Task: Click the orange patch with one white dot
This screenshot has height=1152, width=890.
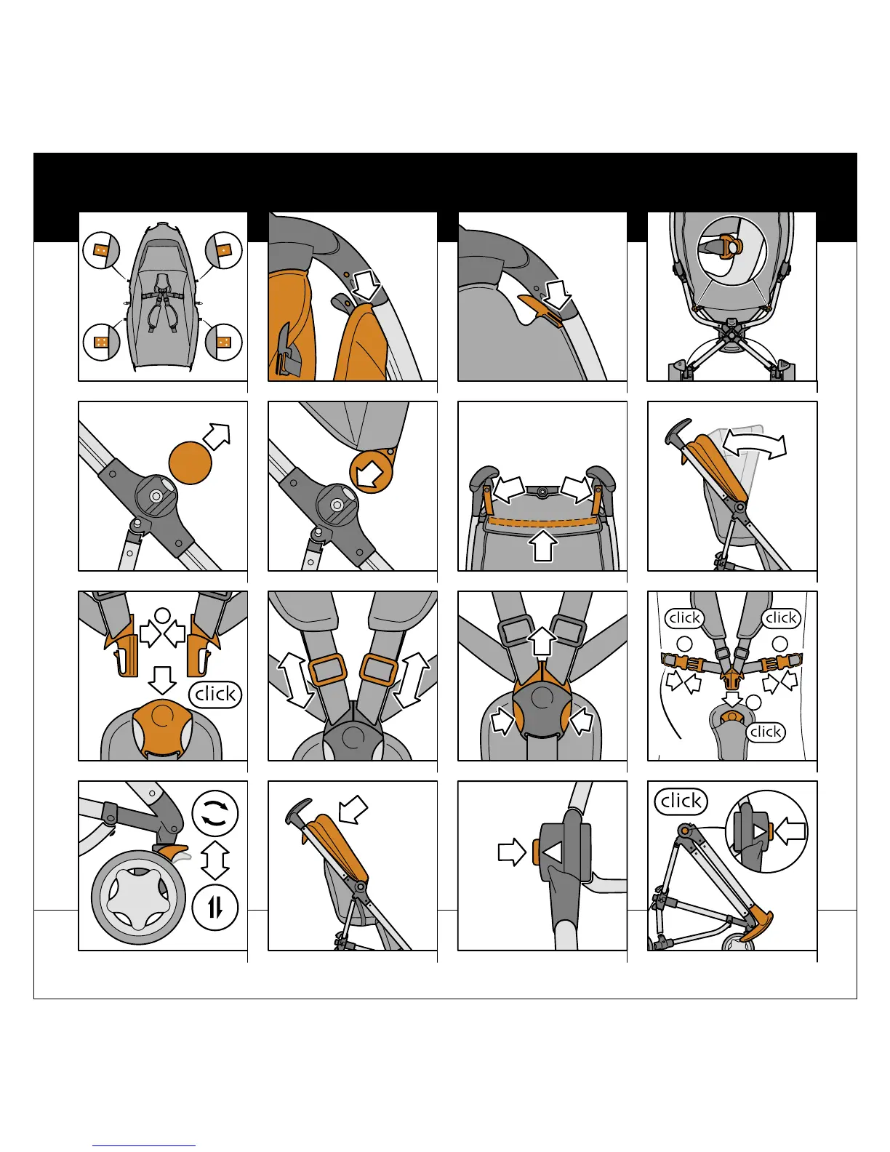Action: pyautogui.click(x=224, y=250)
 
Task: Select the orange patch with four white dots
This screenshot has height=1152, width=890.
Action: pyautogui.click(x=101, y=342)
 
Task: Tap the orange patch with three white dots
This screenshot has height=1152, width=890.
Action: pyautogui.click(x=224, y=342)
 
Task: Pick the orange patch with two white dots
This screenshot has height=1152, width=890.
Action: pyautogui.click(x=101, y=250)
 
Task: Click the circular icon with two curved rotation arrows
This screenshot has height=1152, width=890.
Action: pyautogui.click(x=215, y=813)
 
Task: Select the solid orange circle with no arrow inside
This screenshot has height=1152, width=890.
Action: pyautogui.click(x=190, y=462)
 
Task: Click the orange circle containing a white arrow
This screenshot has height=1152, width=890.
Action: pyautogui.click(x=371, y=473)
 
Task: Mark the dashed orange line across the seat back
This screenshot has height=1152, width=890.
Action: pyautogui.click(x=542, y=522)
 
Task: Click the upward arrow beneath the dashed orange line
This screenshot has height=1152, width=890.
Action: pyautogui.click(x=542, y=545)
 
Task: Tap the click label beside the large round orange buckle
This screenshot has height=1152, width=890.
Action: pyautogui.click(x=216, y=694)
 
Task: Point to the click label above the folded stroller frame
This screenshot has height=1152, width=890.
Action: pyautogui.click(x=681, y=801)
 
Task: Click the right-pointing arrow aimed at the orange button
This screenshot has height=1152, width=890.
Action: pyautogui.click(x=512, y=852)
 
